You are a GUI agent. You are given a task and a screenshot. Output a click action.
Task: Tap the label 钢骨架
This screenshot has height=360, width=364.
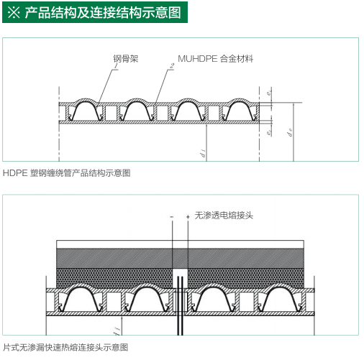(x=123, y=58)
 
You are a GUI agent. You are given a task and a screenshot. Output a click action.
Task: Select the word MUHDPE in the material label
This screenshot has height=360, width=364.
(x=199, y=58)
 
